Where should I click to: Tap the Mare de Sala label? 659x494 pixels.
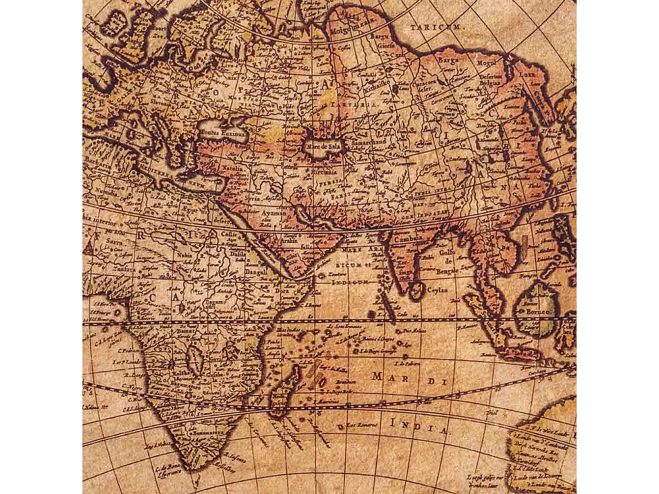tap(326, 147)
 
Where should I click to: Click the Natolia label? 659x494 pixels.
tap(232, 169)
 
